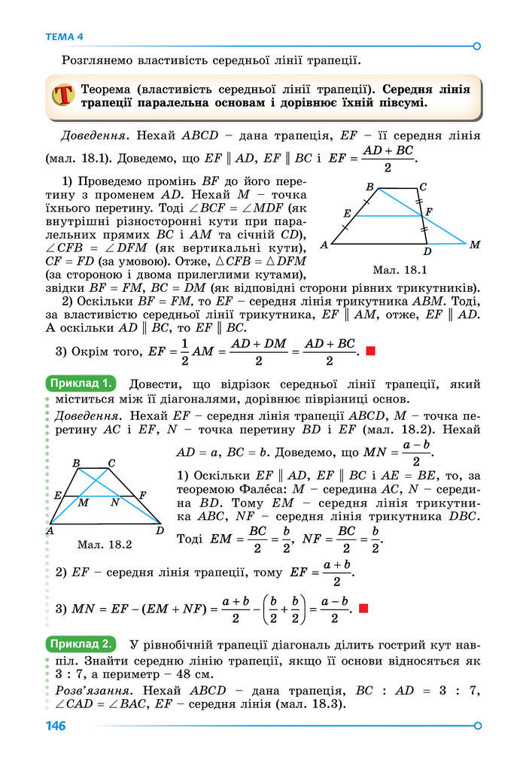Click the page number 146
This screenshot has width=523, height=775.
click(x=56, y=726)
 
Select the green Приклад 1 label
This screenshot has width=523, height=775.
click(x=81, y=383)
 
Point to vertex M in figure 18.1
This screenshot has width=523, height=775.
click(x=474, y=245)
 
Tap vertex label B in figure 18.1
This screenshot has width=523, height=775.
click(x=369, y=187)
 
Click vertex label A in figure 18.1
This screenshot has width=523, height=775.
click(x=324, y=245)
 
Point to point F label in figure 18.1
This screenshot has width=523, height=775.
click(x=428, y=212)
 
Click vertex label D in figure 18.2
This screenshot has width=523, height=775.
click(x=160, y=530)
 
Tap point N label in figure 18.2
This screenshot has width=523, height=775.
click(x=114, y=502)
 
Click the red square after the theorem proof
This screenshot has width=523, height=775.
click(x=370, y=351)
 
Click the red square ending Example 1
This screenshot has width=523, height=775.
click(x=363, y=608)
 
